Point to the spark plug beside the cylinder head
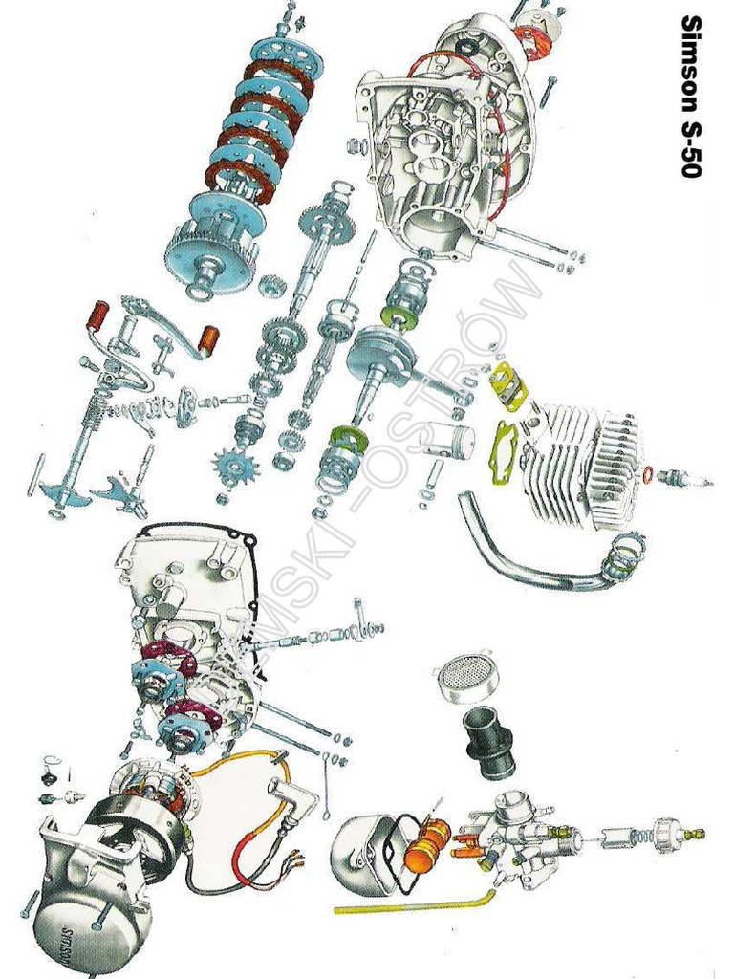pyautogui.click(x=686, y=478)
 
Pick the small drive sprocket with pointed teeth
pyautogui.click(x=234, y=466)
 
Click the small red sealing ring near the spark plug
pyautogui.click(x=648, y=474)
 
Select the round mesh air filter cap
pyautogui.click(x=466, y=675)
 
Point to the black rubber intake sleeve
pyautogui.click(x=490, y=740)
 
